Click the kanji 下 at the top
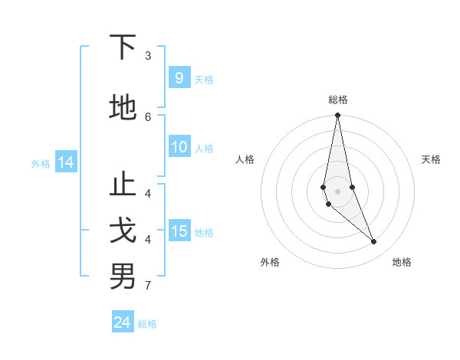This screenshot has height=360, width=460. click(x=123, y=48)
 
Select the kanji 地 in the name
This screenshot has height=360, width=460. click(x=123, y=106)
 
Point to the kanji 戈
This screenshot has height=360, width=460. click(x=123, y=231)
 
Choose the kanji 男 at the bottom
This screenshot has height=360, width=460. click(x=123, y=276)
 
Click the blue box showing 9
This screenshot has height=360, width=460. click(x=179, y=78)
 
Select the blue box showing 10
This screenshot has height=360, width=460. click(x=179, y=148)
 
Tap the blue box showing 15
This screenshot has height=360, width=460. click(x=179, y=231)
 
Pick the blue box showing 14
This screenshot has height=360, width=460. click(x=65, y=162)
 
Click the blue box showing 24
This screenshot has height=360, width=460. click(x=123, y=322)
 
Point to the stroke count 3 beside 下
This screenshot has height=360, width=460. click(x=148, y=56)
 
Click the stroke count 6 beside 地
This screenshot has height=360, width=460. click(x=148, y=116)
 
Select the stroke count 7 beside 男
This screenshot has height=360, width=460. click(x=148, y=286)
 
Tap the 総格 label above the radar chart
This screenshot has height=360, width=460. click(x=337, y=100)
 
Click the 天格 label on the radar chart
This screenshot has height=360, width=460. click(x=431, y=159)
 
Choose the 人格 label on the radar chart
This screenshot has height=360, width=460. click(x=245, y=159)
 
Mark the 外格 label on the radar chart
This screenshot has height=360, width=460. click(x=270, y=262)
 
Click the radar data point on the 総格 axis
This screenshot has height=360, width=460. click(x=337, y=116)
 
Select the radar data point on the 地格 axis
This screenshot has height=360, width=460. click(x=373, y=242)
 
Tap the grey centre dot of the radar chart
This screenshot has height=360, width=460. click(x=337, y=191)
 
